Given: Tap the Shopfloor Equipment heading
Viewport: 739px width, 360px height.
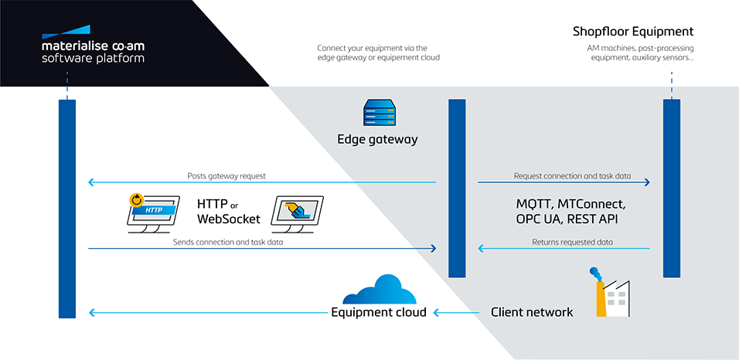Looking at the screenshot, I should coord(633,32).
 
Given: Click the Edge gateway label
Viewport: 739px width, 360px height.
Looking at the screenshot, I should coord(377,140).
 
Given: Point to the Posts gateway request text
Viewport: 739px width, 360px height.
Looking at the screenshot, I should coord(226,176).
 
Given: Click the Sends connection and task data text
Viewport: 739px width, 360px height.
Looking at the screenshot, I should coord(227,242).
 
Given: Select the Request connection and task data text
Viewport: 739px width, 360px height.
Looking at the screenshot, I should coord(572,176).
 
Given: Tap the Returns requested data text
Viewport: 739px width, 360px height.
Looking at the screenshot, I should coord(572,242).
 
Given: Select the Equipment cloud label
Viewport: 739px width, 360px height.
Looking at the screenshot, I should coord(378,313).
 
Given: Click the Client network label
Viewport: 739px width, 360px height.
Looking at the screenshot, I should coord(532,313).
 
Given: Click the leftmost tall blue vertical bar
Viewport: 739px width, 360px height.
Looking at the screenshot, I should coord(67,209).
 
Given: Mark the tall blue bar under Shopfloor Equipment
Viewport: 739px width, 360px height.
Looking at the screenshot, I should coord(671,188).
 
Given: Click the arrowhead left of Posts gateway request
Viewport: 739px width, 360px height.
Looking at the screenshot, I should coord(92,183).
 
